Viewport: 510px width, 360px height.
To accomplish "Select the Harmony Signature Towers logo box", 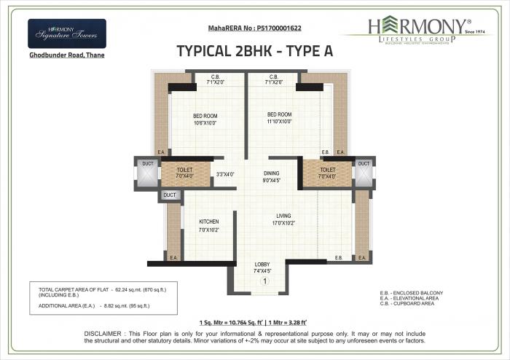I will click(66, 34).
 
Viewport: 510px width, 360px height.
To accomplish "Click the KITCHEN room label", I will click(210, 222).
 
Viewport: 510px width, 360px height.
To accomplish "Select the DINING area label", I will click(272, 173).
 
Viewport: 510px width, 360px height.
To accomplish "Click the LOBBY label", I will click(263, 264).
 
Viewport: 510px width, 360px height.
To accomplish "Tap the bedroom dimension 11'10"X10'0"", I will click(279, 122).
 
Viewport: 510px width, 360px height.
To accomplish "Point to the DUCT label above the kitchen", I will click(170, 195).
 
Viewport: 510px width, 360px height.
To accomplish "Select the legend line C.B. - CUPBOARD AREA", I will click(411, 303).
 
